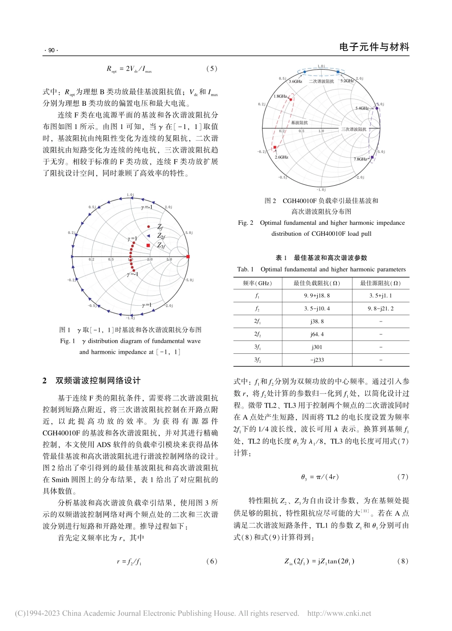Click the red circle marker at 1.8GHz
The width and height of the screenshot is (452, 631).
290,100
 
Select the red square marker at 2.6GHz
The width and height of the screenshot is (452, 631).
275,148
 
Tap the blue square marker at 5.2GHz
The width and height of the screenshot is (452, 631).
338,72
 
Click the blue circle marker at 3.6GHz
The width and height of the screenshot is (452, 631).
305,72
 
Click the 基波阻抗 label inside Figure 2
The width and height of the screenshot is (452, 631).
299,123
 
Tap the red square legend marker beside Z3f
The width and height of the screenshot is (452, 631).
148,246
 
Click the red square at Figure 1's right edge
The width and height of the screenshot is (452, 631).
188,257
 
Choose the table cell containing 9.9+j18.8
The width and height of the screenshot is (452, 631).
317,296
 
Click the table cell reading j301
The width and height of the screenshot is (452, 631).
317,347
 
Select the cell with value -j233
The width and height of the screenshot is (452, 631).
317,360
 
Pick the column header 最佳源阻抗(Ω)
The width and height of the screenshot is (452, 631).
380,283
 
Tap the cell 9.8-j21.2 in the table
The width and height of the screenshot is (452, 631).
380,309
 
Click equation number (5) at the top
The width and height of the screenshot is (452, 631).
212,69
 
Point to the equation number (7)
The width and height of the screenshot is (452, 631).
403,477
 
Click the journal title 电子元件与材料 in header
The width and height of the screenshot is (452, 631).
374,47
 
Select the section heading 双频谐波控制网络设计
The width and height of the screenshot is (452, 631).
98,381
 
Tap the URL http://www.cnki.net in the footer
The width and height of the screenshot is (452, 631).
339,613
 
